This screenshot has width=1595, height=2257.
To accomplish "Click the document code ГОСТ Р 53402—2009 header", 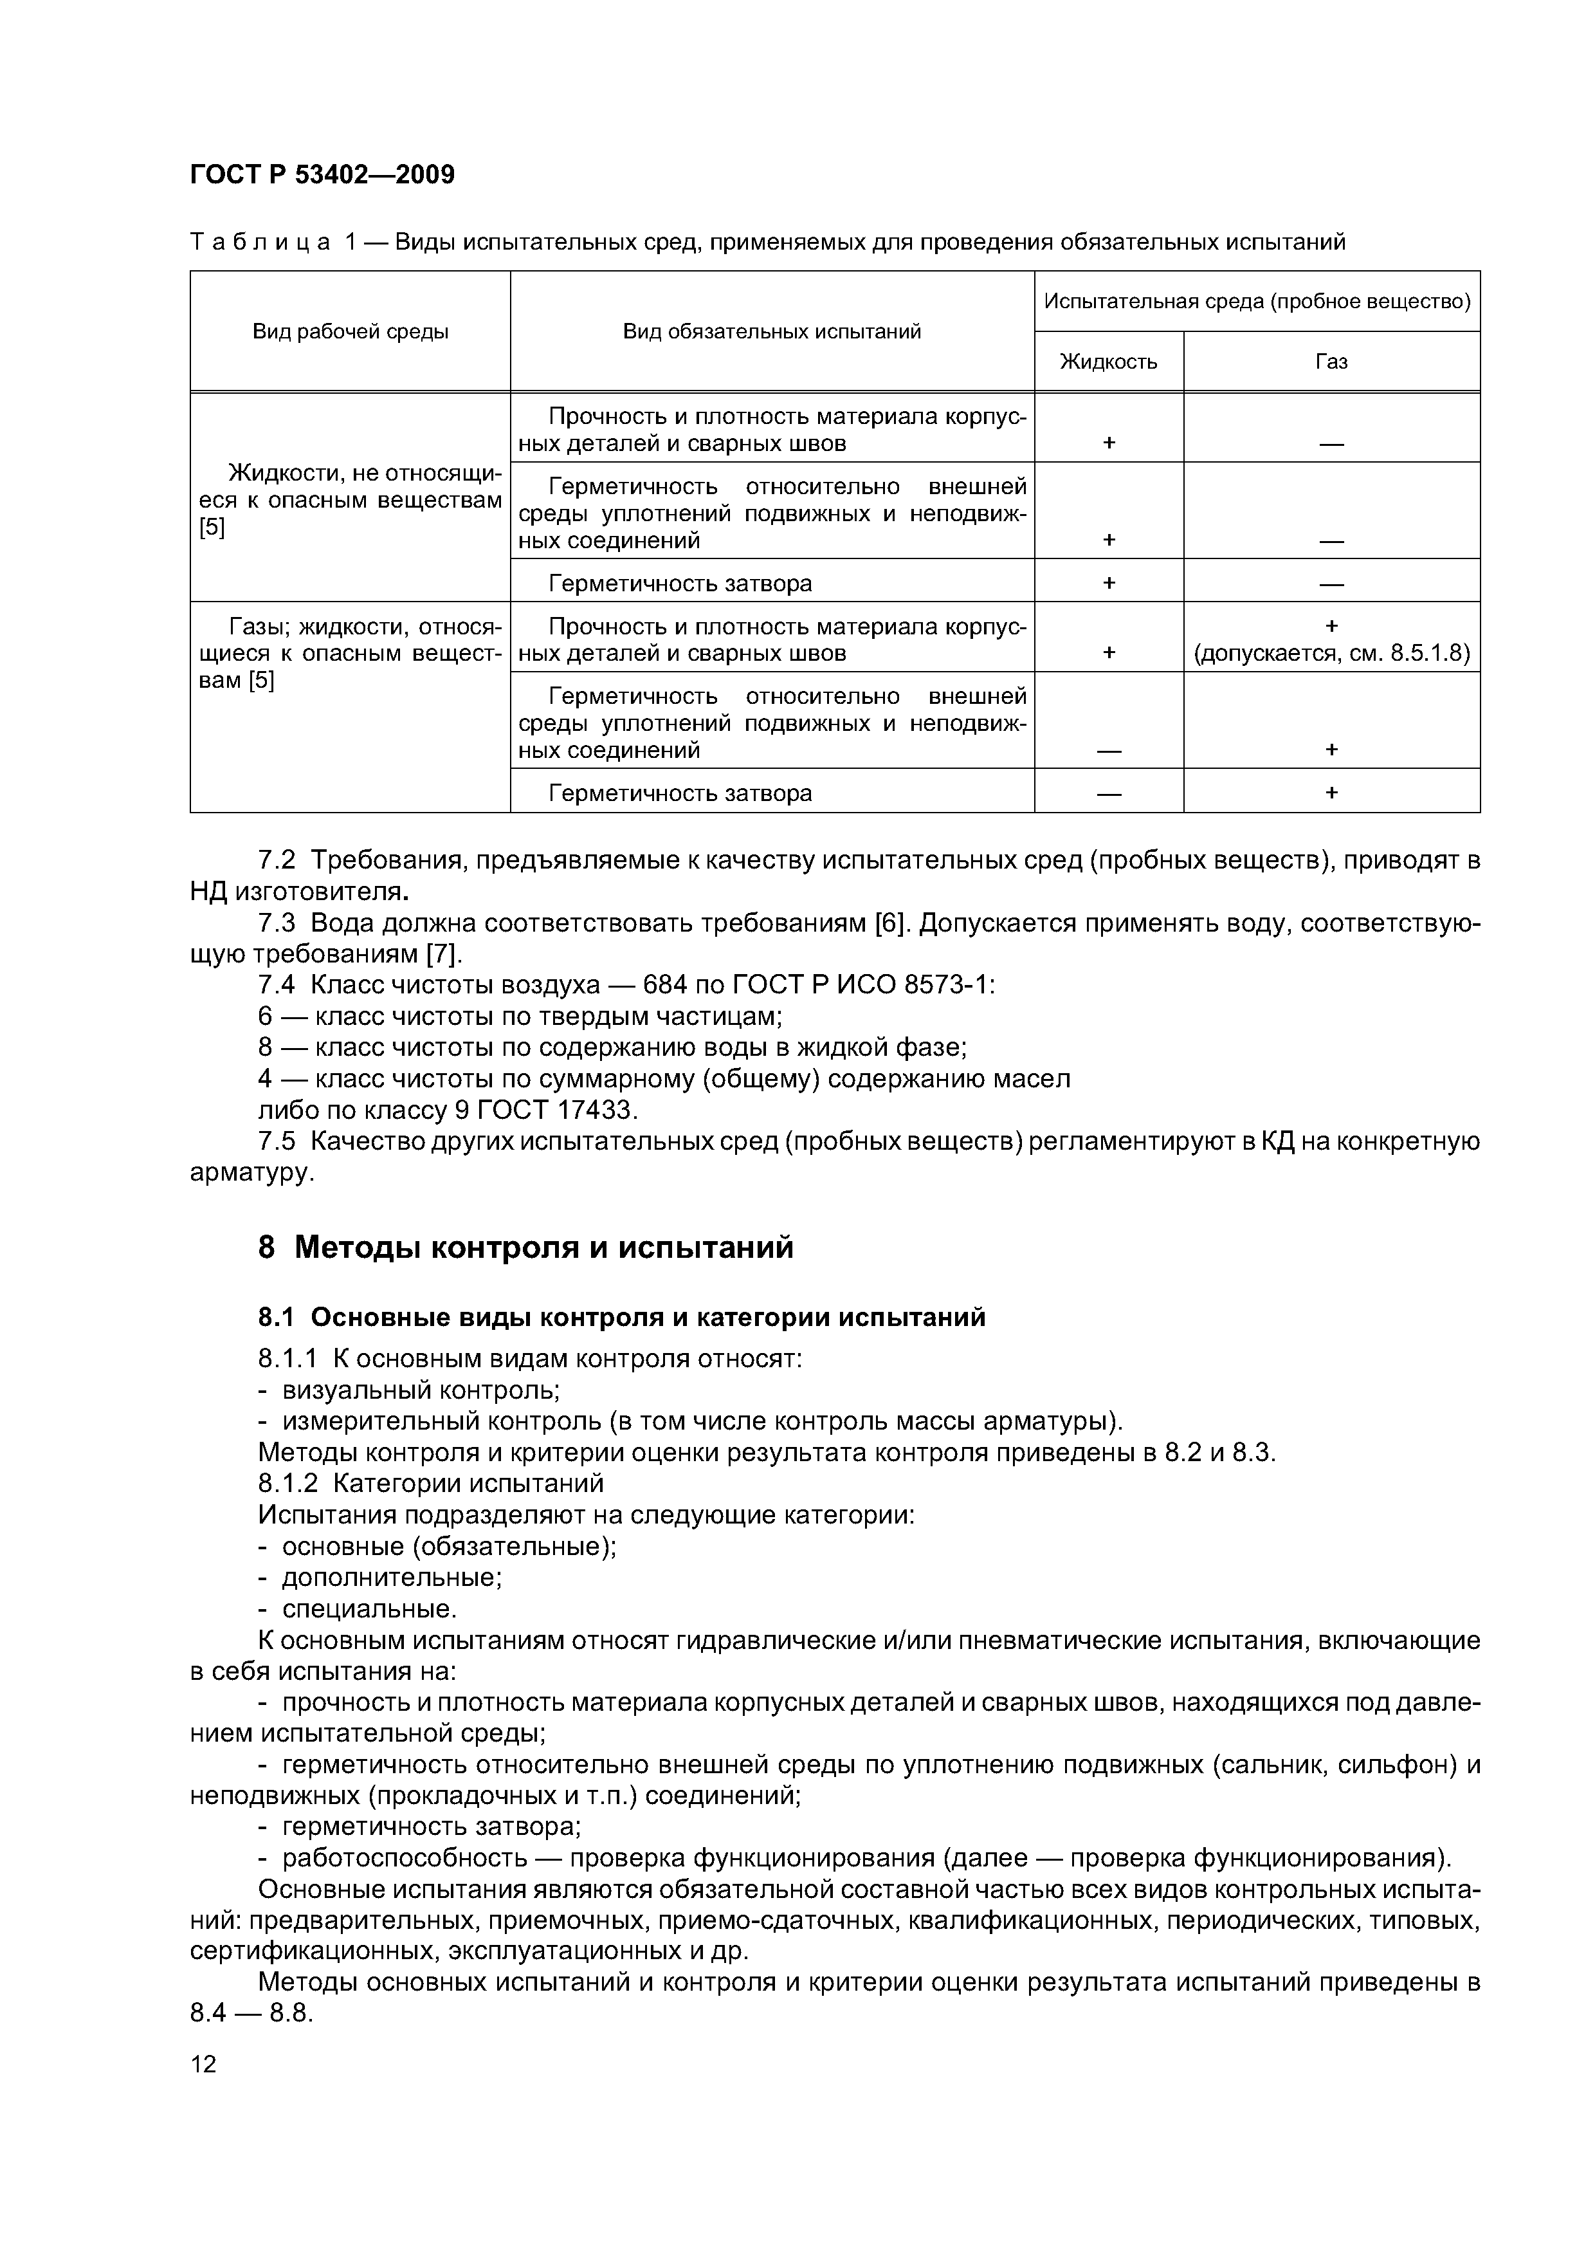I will coord(322,175).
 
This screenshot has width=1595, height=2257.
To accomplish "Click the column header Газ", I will coord(1331,362).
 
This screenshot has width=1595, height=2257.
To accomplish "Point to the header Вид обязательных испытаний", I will coord(772,331).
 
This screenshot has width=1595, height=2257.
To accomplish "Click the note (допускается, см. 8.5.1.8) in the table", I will coord(1331,654).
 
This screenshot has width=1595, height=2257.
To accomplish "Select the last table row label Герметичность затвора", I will coord(680,793).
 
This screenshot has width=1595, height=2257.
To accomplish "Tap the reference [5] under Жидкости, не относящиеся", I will coord(212,528).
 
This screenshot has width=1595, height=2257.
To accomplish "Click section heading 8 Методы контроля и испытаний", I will coord(525,1248).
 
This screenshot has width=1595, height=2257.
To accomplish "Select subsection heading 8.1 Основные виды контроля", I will coord(621,1317).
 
